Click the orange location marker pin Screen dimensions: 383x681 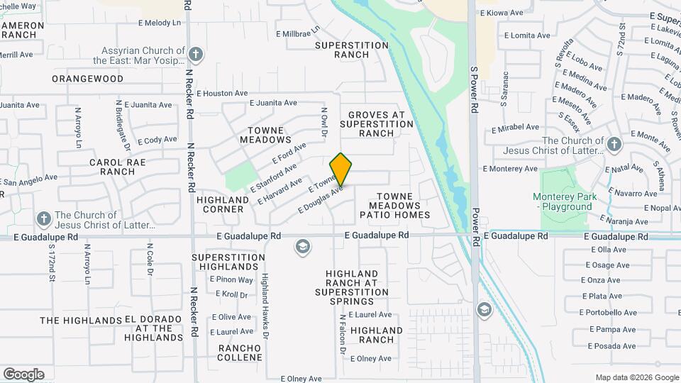(x=341, y=169)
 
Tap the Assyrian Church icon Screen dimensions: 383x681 (x=196, y=53)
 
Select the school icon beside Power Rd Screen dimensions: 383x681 (x=484, y=309)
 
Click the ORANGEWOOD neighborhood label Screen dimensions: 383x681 (x=87, y=79)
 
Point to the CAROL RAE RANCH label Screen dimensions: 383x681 (x=113, y=167)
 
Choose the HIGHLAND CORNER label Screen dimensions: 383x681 (x=223, y=205)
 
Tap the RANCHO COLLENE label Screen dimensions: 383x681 (x=240, y=353)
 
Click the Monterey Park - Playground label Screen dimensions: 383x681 (x=565, y=201)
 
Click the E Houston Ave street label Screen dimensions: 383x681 (x=222, y=93)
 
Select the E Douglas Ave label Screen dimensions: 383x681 (x=321, y=199)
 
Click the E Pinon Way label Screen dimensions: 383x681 (x=231, y=280)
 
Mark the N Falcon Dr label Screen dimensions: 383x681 (x=342, y=335)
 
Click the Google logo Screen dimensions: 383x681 (x=23, y=374)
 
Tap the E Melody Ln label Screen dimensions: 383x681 (x=160, y=23)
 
